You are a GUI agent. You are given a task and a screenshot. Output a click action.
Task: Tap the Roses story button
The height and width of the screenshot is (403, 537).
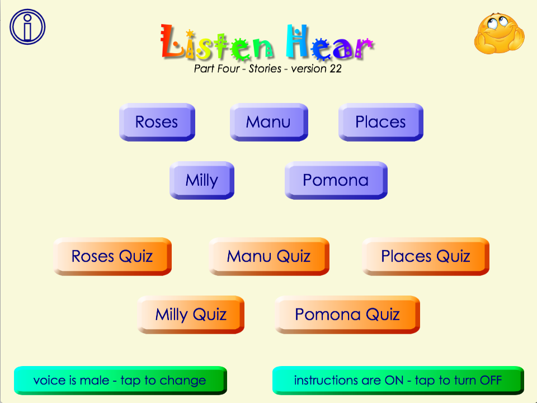coord(157,122)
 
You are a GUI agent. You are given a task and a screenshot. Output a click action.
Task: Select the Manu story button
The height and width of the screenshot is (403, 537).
coord(269,122)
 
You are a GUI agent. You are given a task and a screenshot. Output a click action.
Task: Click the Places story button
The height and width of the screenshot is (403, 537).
coord(381,122)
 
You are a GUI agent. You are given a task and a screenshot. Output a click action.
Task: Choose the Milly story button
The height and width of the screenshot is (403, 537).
coord(202,180)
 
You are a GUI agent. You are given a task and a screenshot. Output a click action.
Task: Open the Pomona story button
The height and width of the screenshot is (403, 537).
coord(336,180)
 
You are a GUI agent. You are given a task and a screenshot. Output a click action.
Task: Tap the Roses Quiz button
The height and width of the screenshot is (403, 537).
coord(112,256)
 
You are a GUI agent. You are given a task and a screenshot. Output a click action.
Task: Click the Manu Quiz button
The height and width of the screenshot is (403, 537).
coord(269,256)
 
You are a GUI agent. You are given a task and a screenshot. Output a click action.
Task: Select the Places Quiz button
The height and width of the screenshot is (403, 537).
coord(426,256)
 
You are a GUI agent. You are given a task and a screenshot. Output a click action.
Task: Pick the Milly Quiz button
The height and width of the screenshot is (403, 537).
coord(191,315)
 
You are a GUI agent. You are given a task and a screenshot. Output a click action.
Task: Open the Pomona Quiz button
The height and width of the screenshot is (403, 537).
coord(347,315)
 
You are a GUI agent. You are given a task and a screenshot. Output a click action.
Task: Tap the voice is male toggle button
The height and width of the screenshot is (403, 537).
coord(120,381)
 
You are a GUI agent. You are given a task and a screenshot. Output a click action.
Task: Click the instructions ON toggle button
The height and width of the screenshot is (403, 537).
coord(398,381)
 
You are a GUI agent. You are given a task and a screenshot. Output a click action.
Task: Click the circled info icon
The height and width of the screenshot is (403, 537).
coord(27,27)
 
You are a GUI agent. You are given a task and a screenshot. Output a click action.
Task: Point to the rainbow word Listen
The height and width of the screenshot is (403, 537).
coord(217,43)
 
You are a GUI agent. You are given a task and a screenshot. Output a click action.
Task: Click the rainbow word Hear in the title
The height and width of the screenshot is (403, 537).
coord(330,43)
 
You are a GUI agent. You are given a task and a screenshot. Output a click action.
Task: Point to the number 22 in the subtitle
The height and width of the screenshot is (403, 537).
coord(335,68)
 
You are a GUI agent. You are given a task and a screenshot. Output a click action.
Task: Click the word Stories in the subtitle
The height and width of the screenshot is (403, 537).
coord(265,68)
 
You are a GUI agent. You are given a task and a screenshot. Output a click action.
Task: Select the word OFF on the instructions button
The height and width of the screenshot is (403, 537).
coord(491,381)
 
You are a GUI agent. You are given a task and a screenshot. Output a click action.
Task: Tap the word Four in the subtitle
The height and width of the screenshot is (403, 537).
coord(229,68)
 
